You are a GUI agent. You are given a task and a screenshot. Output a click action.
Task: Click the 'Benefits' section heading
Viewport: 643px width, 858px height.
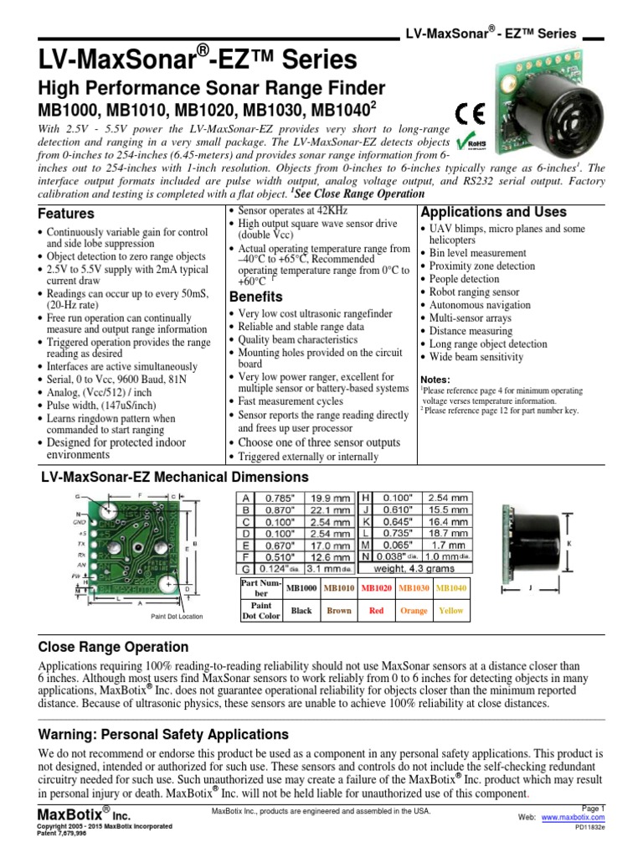(x=255, y=297)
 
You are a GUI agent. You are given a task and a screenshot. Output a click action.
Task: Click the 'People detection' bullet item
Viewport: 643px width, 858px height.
(x=464, y=279)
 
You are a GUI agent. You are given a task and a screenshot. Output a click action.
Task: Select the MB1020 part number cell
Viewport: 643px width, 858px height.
(x=376, y=589)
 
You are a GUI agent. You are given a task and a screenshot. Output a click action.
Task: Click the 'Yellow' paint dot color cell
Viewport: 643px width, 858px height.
(x=450, y=610)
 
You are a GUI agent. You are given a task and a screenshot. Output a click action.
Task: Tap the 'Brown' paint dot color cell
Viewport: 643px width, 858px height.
(x=338, y=610)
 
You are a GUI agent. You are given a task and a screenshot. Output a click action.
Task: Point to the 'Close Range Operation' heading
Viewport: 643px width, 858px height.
(x=114, y=648)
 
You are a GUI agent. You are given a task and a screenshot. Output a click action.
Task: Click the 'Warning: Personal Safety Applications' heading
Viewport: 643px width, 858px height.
(x=163, y=734)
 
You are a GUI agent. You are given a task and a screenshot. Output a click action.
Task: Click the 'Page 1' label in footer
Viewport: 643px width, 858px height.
(x=592, y=807)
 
